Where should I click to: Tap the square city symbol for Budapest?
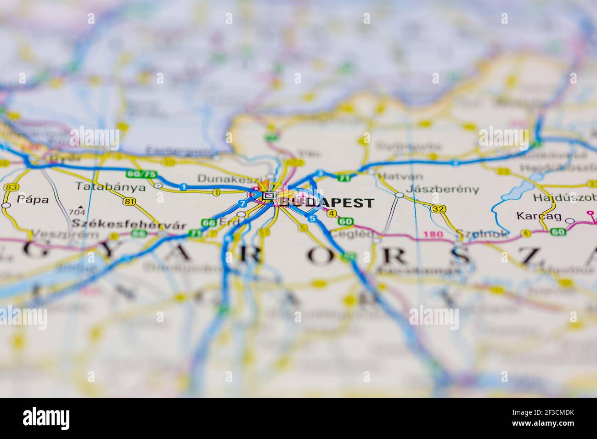coord(269,197)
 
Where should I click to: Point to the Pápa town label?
coord(32,199)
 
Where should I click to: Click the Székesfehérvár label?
coord(129,225)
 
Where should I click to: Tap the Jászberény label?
coord(442,189)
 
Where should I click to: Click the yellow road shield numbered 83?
coord(11,187)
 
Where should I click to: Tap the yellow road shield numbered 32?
coord(439,209)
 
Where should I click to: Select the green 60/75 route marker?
coord(141,174)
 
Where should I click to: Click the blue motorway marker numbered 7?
coord(242,203)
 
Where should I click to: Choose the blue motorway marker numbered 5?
coord(313,218)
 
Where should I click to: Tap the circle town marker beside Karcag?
coord(570,221)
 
